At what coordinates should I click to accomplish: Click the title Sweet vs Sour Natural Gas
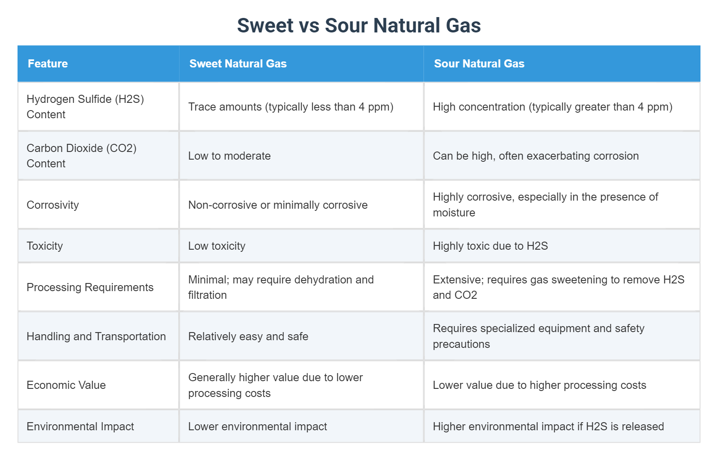tap(359, 25)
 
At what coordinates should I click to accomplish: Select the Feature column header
tap(48, 64)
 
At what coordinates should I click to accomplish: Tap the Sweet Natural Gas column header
tap(238, 64)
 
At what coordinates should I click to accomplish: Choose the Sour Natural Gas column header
tap(479, 64)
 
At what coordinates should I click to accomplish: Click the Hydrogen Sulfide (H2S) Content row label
tap(85, 107)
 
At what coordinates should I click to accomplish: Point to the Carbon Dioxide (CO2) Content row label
tap(81, 156)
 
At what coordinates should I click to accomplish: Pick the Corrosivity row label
tap(53, 205)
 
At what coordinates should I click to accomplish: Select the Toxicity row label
tap(45, 246)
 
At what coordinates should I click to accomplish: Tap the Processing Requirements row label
tap(90, 287)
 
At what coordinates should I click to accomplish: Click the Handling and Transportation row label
tap(96, 336)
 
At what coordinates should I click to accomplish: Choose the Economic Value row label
tap(66, 385)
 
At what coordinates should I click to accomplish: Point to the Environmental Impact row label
tap(80, 426)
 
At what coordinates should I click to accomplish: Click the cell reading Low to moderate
tap(230, 156)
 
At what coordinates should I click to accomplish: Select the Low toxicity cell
tap(217, 246)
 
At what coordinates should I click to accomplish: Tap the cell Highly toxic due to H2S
tap(490, 246)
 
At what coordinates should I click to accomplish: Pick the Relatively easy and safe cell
tap(248, 336)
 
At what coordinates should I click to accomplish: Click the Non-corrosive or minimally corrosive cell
tap(278, 205)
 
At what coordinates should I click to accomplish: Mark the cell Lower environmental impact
tap(257, 426)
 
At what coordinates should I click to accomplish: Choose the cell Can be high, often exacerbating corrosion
tap(536, 156)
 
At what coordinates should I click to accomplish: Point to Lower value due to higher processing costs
tap(539, 385)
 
